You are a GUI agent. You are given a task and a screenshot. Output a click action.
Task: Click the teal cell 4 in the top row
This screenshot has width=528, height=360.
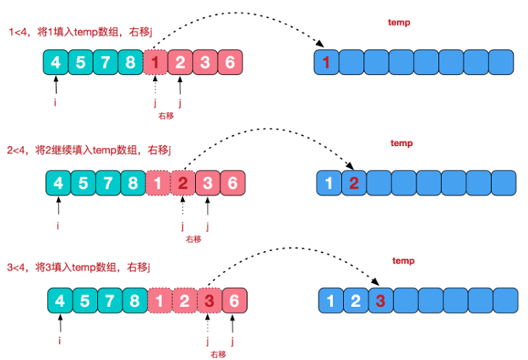tap(54, 63)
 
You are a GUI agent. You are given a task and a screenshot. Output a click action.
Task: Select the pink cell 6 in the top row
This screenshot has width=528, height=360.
tap(229, 63)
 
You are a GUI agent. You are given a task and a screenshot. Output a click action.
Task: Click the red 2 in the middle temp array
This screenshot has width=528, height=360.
tap(354, 183)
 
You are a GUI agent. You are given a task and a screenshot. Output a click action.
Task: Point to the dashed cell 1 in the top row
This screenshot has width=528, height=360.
tap(156, 63)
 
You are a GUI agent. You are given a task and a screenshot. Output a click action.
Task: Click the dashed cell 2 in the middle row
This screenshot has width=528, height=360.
tap(183, 183)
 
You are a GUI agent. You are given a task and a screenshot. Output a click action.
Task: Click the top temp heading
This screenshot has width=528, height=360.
tap(399, 23)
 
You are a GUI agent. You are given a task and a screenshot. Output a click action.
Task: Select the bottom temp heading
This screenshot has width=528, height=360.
tap(403, 261)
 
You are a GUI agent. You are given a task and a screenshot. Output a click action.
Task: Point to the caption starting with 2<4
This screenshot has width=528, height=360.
tap(92, 150)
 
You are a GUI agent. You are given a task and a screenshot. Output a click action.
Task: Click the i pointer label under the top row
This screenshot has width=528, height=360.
tap(54, 100)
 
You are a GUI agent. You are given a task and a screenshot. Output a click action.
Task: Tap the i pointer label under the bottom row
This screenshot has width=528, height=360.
tap(60, 340)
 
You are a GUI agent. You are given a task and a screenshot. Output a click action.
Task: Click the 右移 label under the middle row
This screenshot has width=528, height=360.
tap(193, 238)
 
